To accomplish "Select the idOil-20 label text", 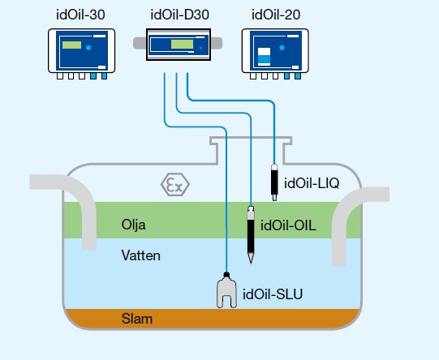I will point(276,14).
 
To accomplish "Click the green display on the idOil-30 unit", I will point(71,45).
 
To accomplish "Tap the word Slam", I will point(136,319).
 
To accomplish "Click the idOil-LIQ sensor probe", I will point(276,181).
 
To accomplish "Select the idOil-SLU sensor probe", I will point(227,290).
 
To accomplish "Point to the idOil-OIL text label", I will point(288,225).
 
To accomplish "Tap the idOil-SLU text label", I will point(272,294).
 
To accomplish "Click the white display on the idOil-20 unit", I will point(264,58).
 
